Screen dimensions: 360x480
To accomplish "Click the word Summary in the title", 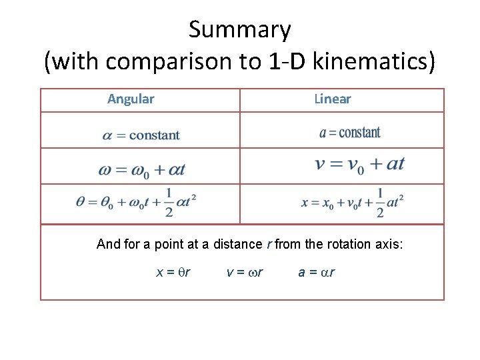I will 239,30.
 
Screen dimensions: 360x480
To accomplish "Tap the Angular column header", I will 131,99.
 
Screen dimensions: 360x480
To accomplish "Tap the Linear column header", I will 332,99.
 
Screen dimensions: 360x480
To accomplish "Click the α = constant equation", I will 141,135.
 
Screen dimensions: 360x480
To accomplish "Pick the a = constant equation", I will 350,133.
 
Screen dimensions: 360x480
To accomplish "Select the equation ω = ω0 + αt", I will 141,170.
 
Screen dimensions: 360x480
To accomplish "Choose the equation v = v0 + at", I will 359,164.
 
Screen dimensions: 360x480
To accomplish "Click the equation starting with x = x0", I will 353,202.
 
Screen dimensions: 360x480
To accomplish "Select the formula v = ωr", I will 245,272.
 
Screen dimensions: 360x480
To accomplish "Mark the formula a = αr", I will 317,272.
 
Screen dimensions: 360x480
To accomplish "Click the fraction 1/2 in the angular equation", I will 169,202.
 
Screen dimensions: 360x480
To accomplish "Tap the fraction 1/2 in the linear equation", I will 380,202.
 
